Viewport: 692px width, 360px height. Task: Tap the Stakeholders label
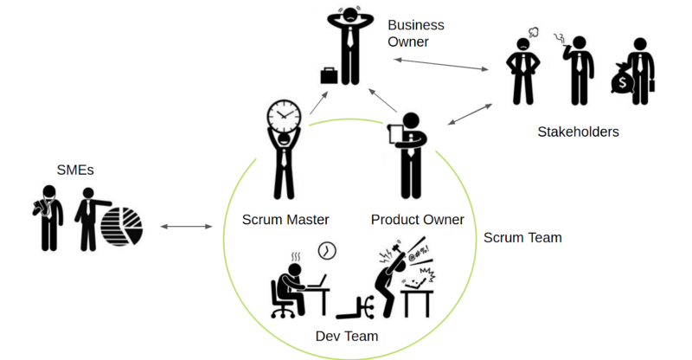(x=578, y=132)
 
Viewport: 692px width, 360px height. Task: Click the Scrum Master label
(x=285, y=220)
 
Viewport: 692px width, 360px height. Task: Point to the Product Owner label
(x=417, y=220)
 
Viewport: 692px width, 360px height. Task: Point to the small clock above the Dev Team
(x=326, y=250)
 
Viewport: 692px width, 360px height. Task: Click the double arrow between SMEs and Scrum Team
(x=187, y=227)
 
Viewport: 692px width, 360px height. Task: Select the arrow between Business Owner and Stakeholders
(x=441, y=64)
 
